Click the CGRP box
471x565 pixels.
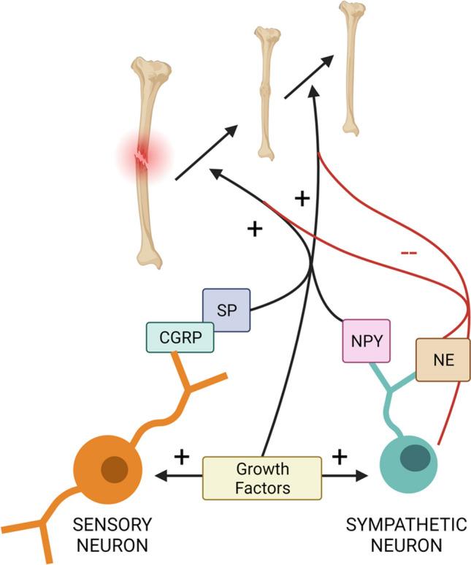[x=179, y=338]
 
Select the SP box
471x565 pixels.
[x=227, y=310]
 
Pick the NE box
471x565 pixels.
[x=442, y=360]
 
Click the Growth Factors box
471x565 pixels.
[x=261, y=477]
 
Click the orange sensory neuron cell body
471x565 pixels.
[x=110, y=469]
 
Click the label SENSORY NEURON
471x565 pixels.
[x=118, y=534]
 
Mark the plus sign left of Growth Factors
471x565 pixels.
[x=181, y=458]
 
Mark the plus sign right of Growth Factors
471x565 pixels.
[x=339, y=458]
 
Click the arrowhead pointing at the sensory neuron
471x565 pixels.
[x=161, y=477]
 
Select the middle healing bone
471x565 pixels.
[x=266, y=91]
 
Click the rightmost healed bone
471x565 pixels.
[x=352, y=67]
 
